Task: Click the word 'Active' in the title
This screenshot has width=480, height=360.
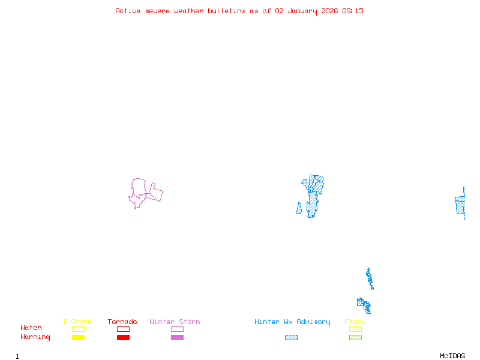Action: pyautogui.click(x=128, y=11)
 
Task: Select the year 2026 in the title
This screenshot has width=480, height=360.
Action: pyautogui.click(x=329, y=11)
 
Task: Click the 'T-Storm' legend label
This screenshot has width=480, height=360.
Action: pyautogui.click(x=77, y=322)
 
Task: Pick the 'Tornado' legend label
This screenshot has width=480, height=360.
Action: pyautogui.click(x=122, y=322)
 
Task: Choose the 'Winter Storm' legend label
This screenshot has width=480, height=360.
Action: pyautogui.click(x=175, y=322)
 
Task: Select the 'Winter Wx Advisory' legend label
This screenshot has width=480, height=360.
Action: pyautogui.click(x=292, y=322)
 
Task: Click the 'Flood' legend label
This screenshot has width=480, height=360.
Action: pyautogui.click(x=355, y=322)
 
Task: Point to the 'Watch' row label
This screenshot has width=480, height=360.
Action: pyautogui.click(x=31, y=328)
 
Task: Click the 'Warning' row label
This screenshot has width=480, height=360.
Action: pyautogui.click(x=35, y=337)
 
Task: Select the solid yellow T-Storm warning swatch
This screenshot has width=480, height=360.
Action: pyautogui.click(x=78, y=338)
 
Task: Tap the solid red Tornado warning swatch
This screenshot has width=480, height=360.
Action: pyautogui.click(x=123, y=338)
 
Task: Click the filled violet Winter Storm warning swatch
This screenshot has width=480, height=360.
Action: pyautogui.click(x=177, y=338)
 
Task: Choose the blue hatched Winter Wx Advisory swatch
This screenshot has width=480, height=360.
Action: pyautogui.click(x=291, y=338)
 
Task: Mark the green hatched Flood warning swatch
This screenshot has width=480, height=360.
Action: pyautogui.click(x=355, y=338)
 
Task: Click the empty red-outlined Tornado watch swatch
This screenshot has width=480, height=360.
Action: pyautogui.click(x=123, y=329)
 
